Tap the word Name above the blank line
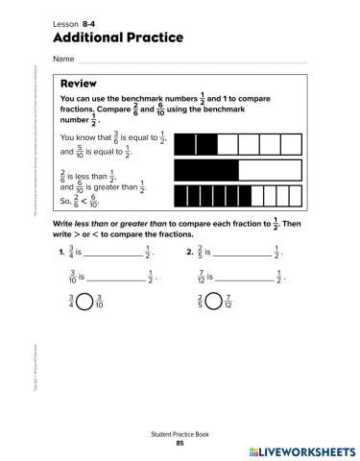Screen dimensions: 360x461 (x=63, y=60)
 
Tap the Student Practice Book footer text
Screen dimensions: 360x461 (x=180, y=434)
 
